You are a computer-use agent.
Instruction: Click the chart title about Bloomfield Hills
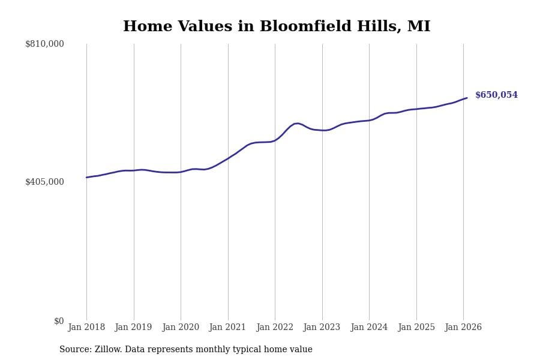(277, 27)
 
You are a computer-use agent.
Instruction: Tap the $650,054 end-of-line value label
(496, 95)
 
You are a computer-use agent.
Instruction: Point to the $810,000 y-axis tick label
(44, 44)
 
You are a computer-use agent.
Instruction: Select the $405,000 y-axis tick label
(44, 182)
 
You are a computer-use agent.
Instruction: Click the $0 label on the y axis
(59, 321)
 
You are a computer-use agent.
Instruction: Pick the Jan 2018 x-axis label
(86, 328)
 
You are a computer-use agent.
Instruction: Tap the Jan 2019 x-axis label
(133, 328)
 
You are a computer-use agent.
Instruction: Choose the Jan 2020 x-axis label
(181, 328)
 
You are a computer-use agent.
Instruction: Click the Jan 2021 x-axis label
(227, 328)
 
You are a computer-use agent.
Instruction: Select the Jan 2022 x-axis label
(275, 328)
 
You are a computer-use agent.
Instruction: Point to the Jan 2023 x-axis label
(322, 328)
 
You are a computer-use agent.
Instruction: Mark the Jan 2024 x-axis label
(369, 328)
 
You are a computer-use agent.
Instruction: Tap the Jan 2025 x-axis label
(416, 328)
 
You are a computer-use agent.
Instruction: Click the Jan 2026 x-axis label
(463, 328)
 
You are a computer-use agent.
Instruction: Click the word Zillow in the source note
(109, 350)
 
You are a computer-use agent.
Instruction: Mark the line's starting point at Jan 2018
(86, 177)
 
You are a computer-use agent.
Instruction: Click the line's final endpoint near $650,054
(467, 98)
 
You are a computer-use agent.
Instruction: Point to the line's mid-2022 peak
(297, 123)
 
